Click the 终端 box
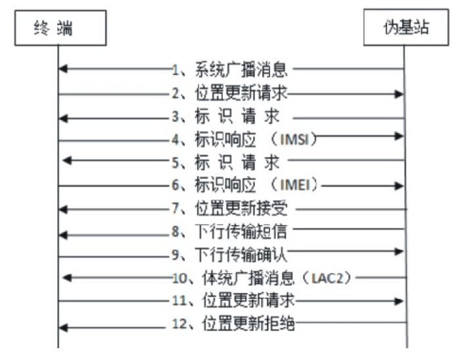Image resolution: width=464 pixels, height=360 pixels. click(x=60, y=28)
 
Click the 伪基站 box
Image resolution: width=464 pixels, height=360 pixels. click(x=406, y=27)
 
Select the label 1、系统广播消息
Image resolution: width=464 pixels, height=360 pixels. click(x=229, y=70)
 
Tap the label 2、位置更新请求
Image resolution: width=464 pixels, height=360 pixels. click(x=229, y=93)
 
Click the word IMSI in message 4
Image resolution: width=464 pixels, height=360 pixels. click(x=294, y=139)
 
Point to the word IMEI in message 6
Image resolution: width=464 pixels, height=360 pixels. click(x=295, y=185)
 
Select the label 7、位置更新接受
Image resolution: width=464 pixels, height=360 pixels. click(x=229, y=208)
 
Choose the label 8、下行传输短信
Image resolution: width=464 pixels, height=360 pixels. click(x=229, y=231)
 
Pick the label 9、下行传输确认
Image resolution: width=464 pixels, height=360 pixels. click(x=229, y=254)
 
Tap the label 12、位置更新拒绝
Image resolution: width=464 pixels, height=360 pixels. click(x=233, y=324)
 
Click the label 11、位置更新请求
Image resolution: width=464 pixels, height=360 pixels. click(x=233, y=300)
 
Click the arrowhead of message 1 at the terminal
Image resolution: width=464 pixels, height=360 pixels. click(x=63, y=68)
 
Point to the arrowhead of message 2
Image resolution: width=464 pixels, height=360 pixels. click(x=399, y=94)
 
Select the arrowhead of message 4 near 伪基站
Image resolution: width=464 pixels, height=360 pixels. click(x=399, y=136)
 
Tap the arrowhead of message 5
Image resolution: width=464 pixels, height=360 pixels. click(x=67, y=161)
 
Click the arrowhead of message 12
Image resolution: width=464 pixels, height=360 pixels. click(x=63, y=328)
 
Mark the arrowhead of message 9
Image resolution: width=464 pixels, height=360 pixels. click(x=399, y=252)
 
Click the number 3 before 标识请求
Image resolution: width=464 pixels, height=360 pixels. click(x=175, y=117)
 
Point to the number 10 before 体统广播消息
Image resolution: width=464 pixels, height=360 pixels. click(x=179, y=279)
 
